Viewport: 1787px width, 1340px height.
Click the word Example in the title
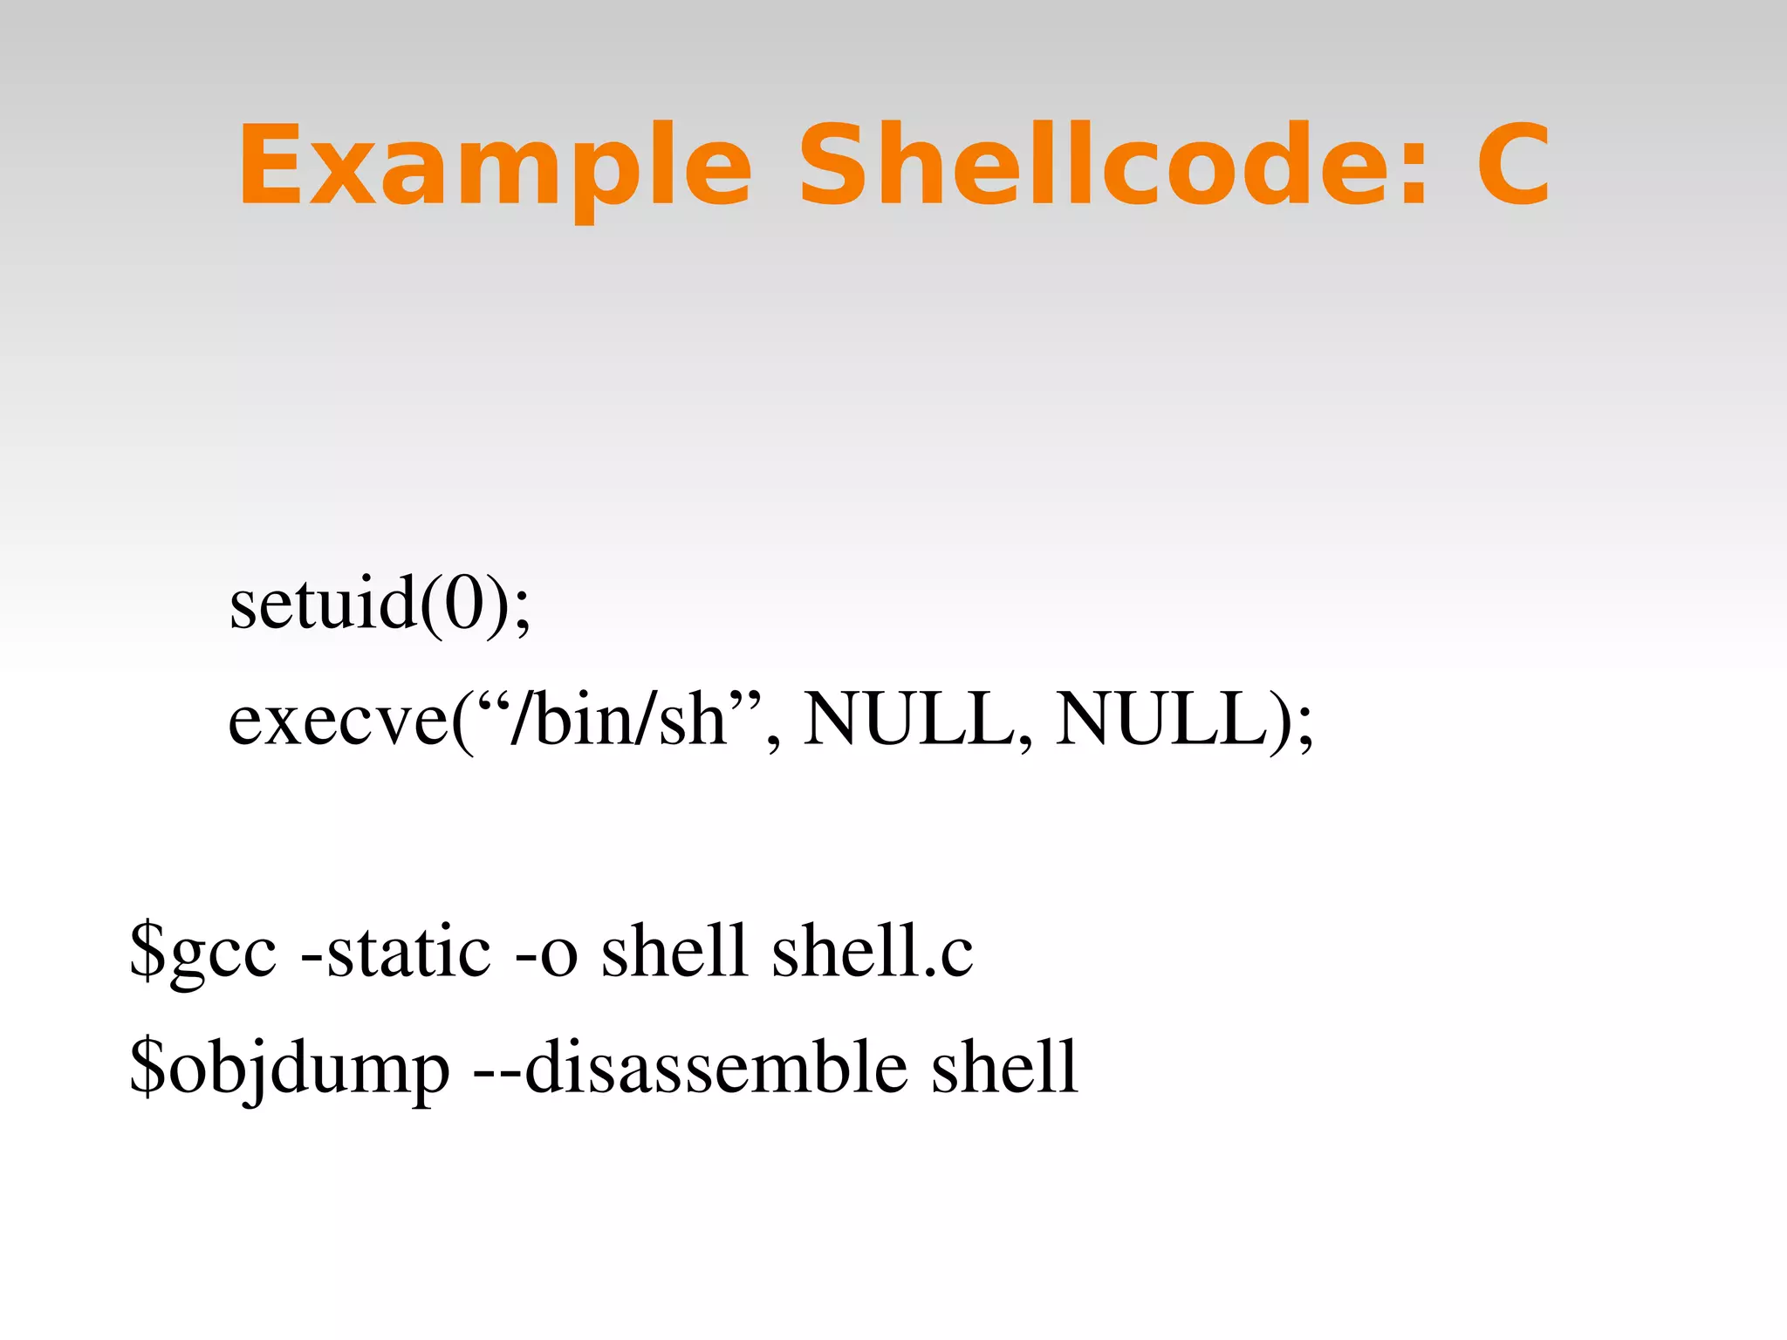[494, 166]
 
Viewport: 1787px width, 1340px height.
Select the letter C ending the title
[1513, 166]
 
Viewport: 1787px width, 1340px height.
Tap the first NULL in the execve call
[907, 719]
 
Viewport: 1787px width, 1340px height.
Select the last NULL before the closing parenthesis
[1161, 719]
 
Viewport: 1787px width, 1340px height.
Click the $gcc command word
[203, 951]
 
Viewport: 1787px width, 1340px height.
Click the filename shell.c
[872, 951]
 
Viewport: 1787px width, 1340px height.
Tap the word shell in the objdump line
[1004, 1066]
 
